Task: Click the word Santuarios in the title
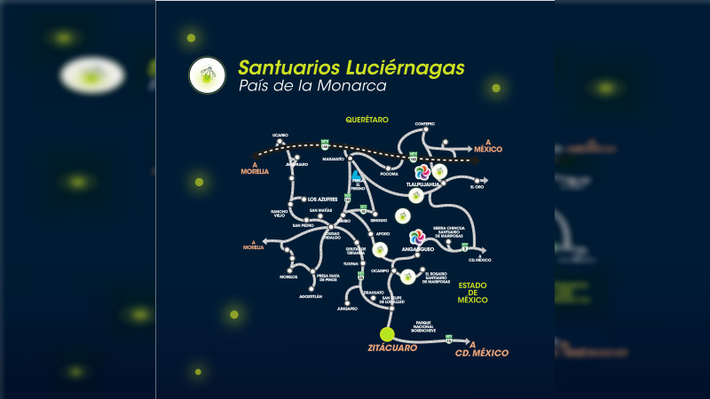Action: (x=280, y=67)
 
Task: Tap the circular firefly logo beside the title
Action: (x=207, y=75)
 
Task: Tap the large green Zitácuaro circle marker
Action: (x=386, y=334)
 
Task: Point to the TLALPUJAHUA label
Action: (x=423, y=184)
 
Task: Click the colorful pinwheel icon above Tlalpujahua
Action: (x=422, y=171)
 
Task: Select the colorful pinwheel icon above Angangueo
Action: (x=416, y=237)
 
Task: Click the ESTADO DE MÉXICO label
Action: (x=473, y=293)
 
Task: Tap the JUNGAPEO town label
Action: (x=346, y=309)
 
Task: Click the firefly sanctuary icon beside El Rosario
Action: (x=407, y=276)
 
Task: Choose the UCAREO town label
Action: (x=280, y=135)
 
